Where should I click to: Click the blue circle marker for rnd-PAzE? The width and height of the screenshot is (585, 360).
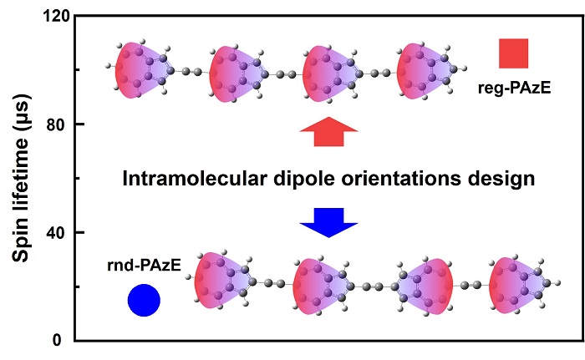coord(143,301)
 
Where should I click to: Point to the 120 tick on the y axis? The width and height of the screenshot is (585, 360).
coord(53,17)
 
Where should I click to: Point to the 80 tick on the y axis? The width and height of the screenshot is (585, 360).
coord(58,124)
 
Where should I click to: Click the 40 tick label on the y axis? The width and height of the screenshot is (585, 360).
coord(58,232)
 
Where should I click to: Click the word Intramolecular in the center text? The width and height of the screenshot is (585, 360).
coord(186,178)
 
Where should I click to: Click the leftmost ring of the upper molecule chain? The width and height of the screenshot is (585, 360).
coord(141,69)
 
